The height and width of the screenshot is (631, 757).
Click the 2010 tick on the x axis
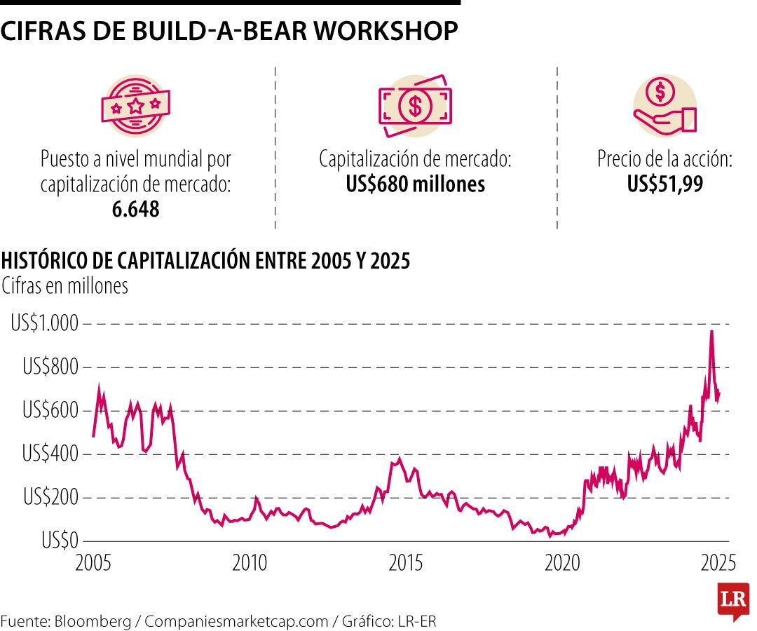249,563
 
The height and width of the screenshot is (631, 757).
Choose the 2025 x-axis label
718,563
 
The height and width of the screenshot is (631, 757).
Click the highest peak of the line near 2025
711,331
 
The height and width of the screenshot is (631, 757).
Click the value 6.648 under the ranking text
135,208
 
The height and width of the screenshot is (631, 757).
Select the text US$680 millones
415,185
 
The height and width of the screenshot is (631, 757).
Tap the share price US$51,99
664,185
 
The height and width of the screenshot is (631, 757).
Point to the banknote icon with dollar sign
415,105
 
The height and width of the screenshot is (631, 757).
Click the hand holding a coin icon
664,105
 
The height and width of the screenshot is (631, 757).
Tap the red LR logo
734,601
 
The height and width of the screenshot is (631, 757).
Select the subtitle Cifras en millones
65,286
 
